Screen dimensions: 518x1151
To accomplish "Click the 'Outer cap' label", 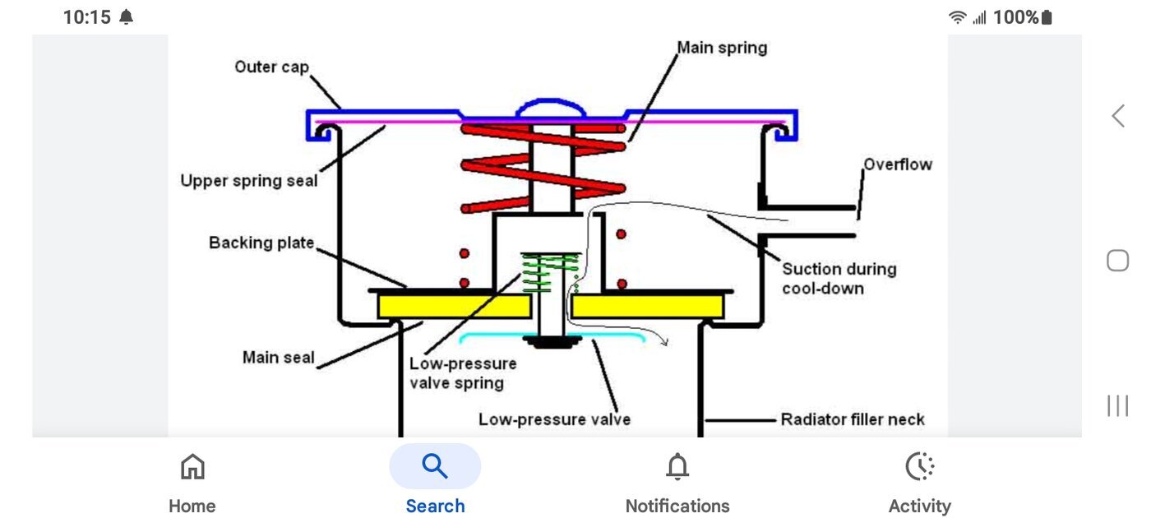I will click(270, 67).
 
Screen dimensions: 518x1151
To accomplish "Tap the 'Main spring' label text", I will click(722, 48).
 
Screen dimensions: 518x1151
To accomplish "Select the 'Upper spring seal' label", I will click(248, 180).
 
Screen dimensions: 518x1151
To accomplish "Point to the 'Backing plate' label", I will click(261, 243).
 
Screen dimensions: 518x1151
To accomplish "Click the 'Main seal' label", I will click(278, 358).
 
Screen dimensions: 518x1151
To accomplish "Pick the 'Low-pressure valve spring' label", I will click(463, 372).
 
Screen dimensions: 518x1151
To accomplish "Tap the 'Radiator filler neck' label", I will click(853, 419).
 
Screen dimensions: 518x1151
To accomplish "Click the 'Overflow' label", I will click(898, 164).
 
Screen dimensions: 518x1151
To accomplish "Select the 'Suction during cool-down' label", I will click(839, 278).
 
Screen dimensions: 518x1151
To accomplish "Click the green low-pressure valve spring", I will click(550, 272).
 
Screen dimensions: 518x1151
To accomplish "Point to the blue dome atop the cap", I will click(551, 108).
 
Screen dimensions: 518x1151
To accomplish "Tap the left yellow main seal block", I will click(453, 307).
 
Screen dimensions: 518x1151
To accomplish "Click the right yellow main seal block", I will click(648, 307).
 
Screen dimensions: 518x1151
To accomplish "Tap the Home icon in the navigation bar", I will click(192, 467).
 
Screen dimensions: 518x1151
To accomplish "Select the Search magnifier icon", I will click(434, 466).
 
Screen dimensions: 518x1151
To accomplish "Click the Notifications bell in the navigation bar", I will click(677, 467).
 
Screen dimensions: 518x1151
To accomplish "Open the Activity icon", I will click(919, 467).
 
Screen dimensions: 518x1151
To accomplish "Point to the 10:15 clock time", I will click(86, 17).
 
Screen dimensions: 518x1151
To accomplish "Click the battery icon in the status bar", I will click(1046, 17).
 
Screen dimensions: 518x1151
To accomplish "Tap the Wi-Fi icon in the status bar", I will click(957, 17).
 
